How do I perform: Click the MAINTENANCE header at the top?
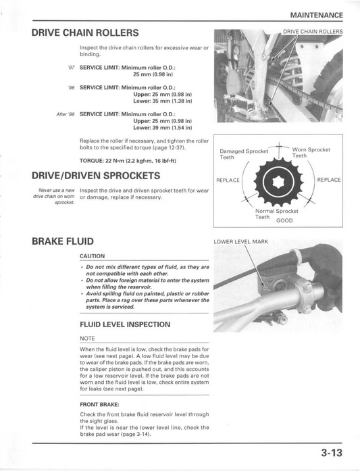coord(317,15)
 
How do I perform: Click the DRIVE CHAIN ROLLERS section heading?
coord(85,32)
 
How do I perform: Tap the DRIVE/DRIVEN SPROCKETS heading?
coord(96,176)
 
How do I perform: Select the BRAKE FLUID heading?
coord(63,241)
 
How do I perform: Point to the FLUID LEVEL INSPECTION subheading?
coord(125,324)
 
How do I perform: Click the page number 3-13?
coord(332,453)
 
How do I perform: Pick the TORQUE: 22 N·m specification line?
coord(128,161)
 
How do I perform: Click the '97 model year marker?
coord(72,68)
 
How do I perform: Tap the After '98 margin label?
coord(65,114)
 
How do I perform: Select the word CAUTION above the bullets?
coord(92,256)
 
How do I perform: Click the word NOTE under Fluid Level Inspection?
coord(87,339)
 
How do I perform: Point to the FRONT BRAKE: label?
coord(99,405)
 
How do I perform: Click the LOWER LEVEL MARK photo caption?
coord(241,241)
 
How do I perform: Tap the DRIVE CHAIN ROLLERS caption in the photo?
coord(313,32)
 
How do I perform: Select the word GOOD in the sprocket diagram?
coord(284,220)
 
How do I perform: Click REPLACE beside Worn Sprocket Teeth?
coord(329,180)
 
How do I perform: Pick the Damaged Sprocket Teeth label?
coord(244,154)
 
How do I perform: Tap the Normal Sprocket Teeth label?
coord(276,214)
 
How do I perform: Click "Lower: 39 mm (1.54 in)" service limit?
coord(162,128)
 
